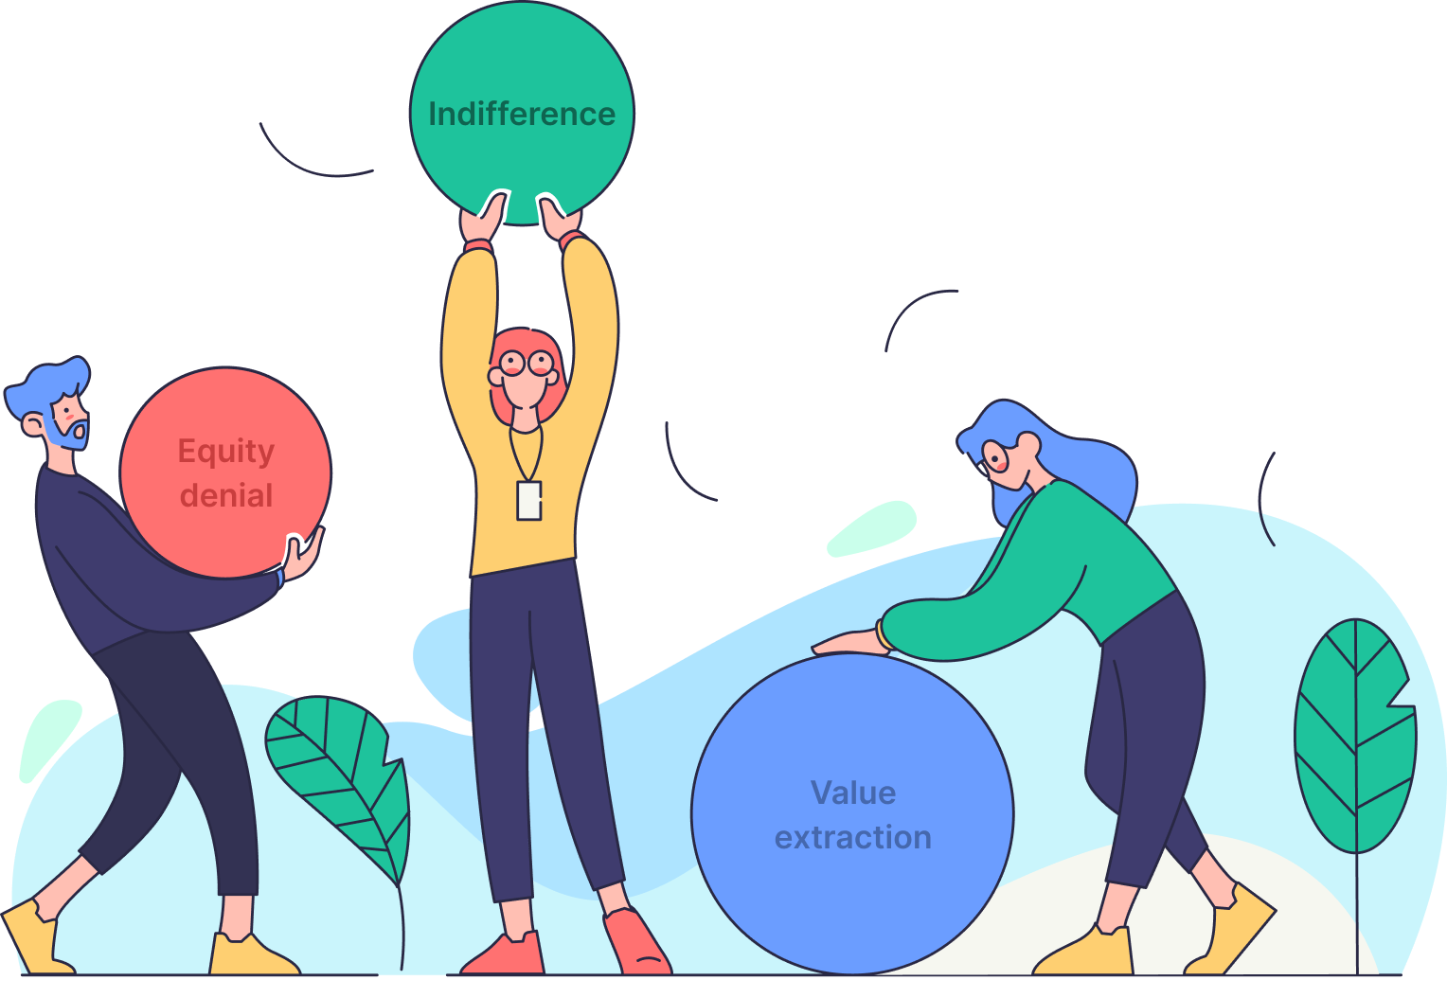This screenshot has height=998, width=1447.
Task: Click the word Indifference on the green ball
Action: (522, 115)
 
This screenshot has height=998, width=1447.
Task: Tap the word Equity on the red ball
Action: (226, 452)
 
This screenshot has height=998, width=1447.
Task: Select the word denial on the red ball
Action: (226, 495)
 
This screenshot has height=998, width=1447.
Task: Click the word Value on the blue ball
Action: (853, 793)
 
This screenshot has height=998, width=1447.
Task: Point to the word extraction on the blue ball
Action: (853, 837)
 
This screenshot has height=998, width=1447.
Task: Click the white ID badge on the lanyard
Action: (529, 501)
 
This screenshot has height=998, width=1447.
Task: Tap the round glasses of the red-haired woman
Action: (527, 363)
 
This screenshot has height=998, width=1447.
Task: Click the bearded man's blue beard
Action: (68, 431)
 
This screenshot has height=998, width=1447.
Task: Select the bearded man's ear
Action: (31, 426)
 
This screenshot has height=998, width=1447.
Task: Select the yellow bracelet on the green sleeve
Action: (883, 635)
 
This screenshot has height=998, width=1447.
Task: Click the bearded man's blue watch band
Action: (279, 578)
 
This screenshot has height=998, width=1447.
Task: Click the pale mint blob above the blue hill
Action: (871, 528)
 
